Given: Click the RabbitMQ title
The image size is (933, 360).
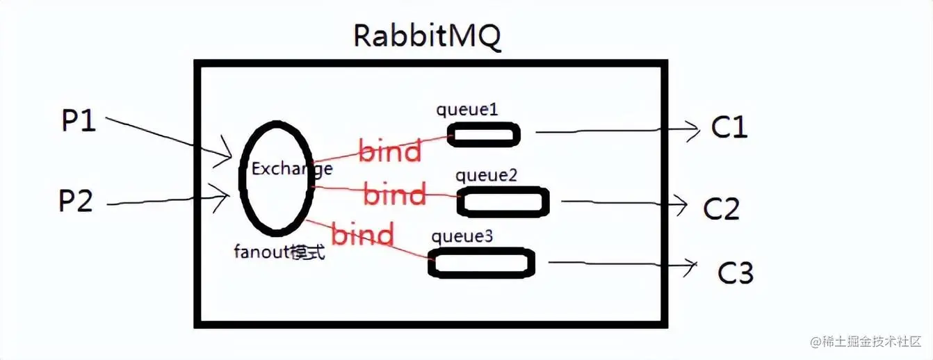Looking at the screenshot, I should point(427,35).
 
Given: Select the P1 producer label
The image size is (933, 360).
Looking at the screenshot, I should point(78,122).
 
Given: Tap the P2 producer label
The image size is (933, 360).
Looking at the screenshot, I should point(75,202).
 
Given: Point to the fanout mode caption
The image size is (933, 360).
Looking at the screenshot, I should point(279,252).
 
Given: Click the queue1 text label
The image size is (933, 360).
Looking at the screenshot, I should point(466,109).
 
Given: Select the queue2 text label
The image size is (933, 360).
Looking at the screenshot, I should point(486,175).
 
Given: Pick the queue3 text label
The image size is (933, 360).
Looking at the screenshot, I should point(462,236).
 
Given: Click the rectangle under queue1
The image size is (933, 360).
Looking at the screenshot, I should point(484,134).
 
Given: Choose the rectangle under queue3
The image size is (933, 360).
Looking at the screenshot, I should point(482,263).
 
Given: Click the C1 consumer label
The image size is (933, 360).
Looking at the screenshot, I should point(729,126).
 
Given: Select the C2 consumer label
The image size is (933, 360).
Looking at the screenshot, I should point(722,208).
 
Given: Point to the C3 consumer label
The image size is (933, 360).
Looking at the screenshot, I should point(736,272).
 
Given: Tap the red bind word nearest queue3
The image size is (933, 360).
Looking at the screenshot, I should point(362,235).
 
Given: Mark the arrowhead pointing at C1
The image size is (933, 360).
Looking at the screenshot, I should point(692,130).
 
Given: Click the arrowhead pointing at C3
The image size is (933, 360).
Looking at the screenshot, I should point(691,264).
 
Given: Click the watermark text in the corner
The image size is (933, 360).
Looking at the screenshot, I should point(865,342).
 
